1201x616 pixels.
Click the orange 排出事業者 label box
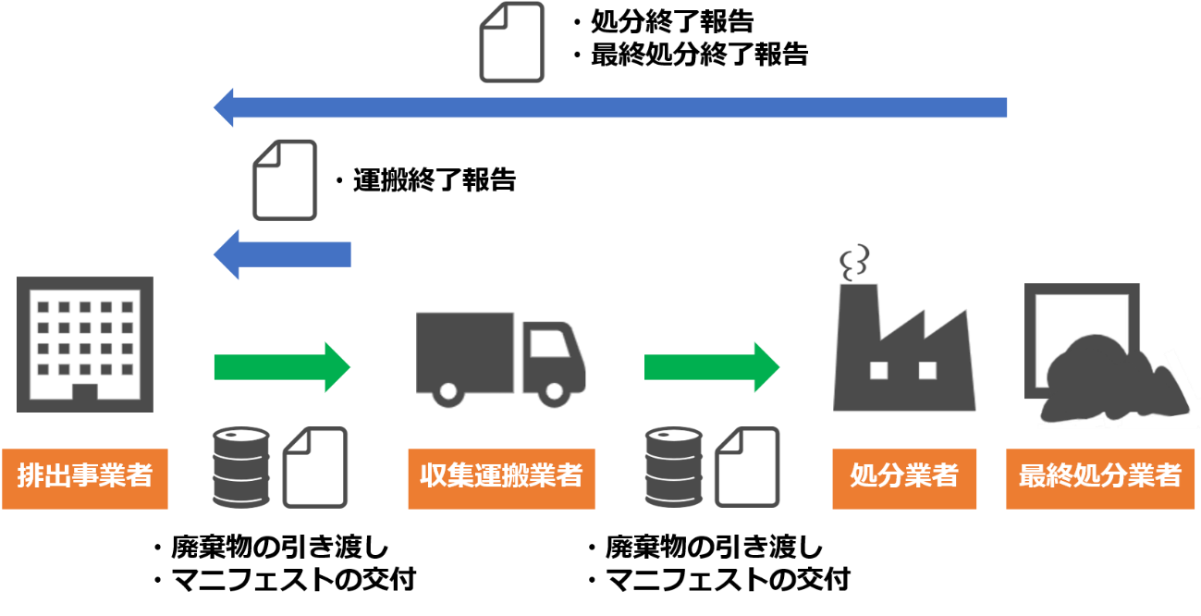click(85, 478)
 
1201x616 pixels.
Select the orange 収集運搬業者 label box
click(501, 478)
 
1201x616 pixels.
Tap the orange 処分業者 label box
click(904, 478)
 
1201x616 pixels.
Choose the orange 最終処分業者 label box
click(1100, 478)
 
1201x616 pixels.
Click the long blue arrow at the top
click(610, 107)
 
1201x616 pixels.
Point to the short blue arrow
click(282, 254)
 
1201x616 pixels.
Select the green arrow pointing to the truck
click(282, 367)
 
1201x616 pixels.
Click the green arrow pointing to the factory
click(712, 367)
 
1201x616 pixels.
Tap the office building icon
click(85, 344)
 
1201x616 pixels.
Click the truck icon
click(500, 360)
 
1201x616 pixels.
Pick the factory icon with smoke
click(904, 328)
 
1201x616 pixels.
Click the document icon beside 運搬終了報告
click(285, 180)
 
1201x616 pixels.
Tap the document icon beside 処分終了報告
click(512, 43)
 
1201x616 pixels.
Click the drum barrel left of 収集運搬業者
click(241, 467)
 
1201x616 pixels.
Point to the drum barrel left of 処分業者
click(673, 467)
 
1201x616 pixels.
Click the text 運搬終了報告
click(435, 180)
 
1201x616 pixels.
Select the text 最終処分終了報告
click(699, 55)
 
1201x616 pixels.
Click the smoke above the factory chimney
click(854, 263)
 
